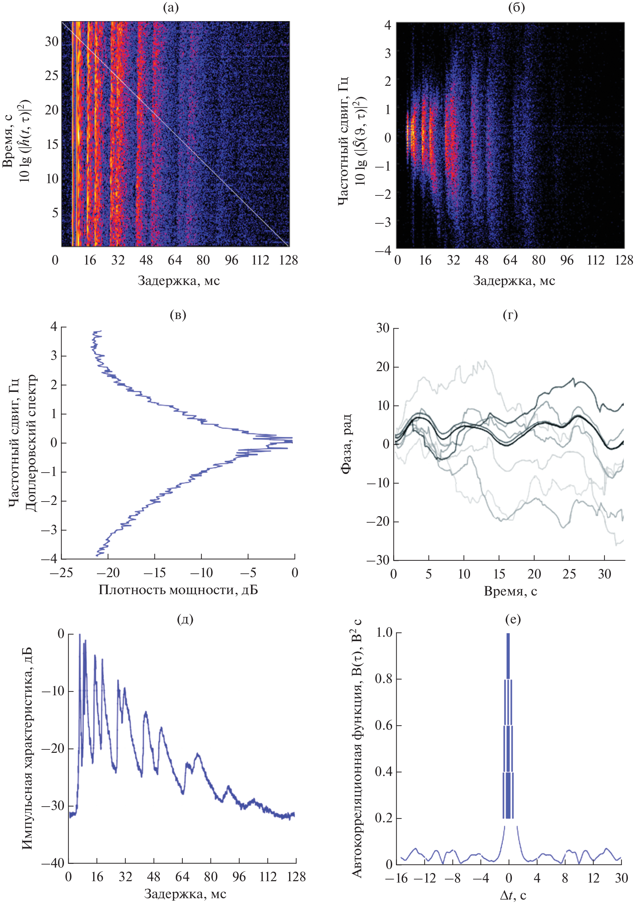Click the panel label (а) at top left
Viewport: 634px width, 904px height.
click(171, 8)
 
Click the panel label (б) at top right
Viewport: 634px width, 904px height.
click(516, 8)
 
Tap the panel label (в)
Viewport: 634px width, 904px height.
click(178, 315)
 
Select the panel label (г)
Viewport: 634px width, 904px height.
click(510, 315)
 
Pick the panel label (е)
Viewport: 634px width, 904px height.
click(513, 619)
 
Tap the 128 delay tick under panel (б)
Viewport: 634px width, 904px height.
click(624, 260)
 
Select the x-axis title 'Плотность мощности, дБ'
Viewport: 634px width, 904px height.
click(178, 590)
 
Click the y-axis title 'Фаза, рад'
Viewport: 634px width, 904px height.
click(345, 444)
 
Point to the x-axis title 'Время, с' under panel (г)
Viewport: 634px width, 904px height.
click(510, 591)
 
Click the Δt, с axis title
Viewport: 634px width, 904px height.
click(513, 895)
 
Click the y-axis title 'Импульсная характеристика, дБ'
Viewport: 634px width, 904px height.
click(26, 748)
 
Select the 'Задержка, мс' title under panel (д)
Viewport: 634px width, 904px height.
click(185, 894)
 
